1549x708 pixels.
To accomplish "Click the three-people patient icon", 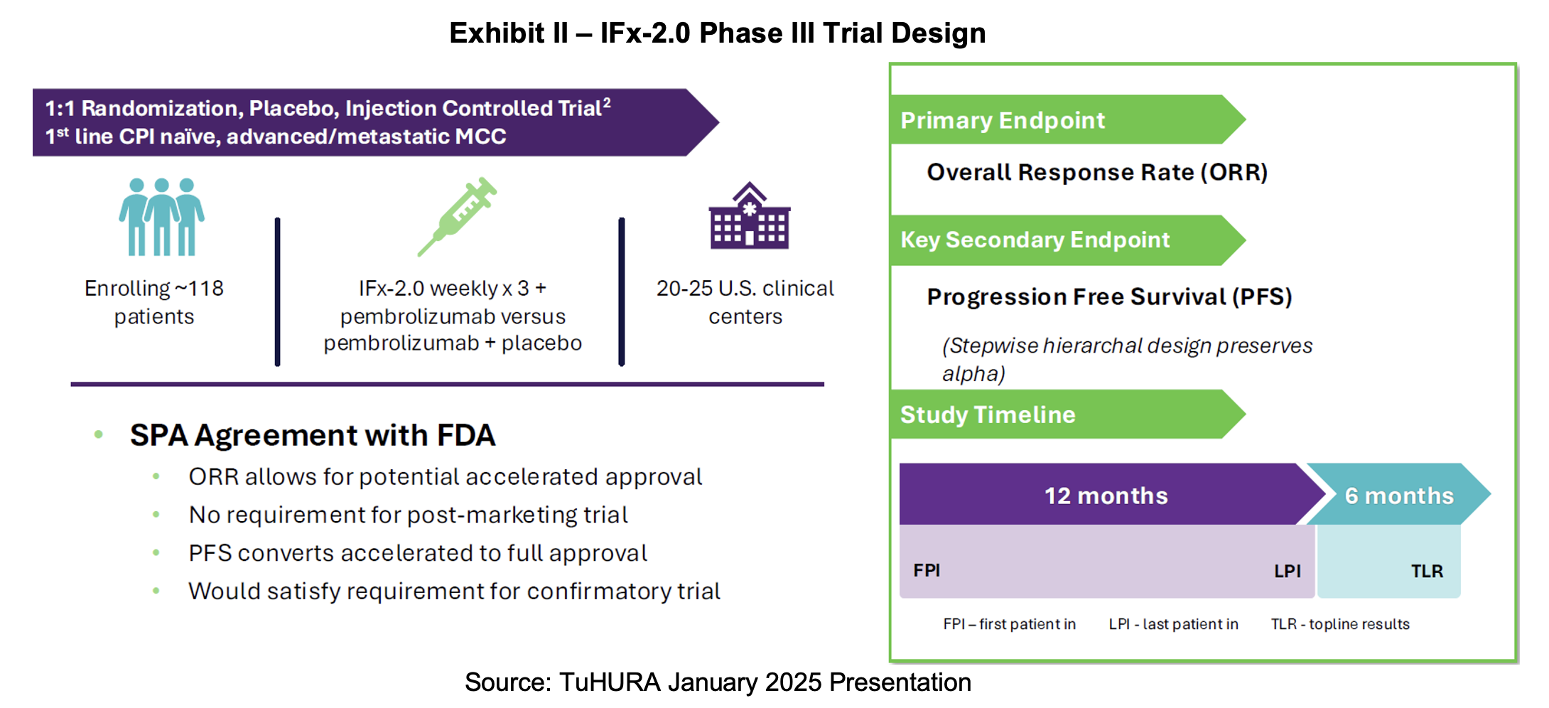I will click(161, 216).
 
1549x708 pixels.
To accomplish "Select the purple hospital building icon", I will click(749, 216).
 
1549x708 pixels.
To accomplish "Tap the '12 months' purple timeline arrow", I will click(1106, 495).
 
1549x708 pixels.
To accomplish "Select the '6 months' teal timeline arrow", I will click(1398, 495).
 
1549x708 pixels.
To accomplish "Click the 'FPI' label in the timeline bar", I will click(927, 571).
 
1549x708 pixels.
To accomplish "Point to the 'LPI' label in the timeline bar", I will click(1287, 572).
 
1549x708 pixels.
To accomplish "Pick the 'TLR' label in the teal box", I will click(1427, 572).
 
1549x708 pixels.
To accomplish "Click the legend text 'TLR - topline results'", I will click(1340, 624).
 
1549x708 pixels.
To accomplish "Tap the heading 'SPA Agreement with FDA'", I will click(313, 435).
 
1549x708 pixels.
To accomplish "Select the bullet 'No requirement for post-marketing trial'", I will click(409, 515).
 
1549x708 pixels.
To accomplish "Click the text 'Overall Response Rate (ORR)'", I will click(1097, 173).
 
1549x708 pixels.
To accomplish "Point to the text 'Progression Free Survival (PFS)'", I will click(1109, 297).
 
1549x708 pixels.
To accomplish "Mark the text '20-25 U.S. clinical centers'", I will click(745, 302).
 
